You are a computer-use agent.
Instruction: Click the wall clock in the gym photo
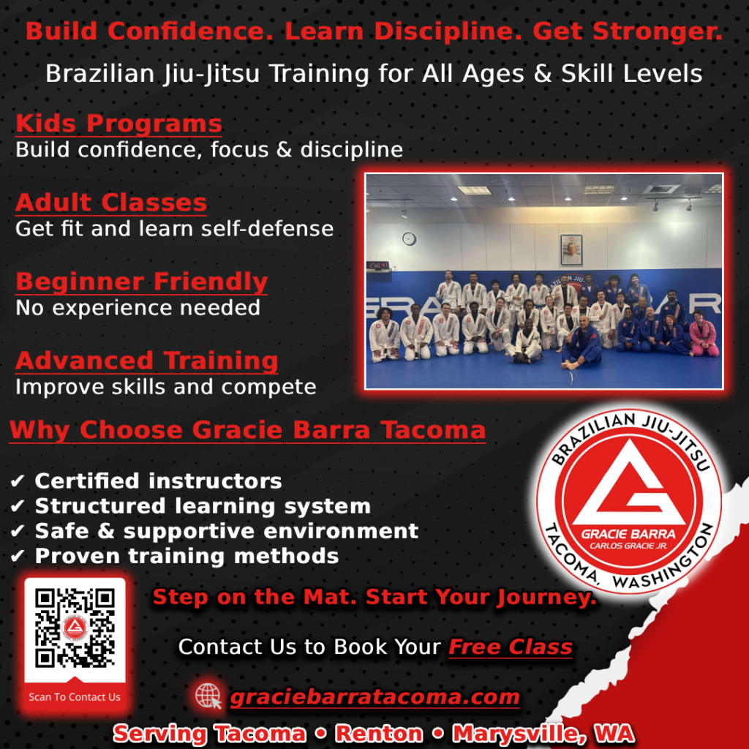tap(409, 238)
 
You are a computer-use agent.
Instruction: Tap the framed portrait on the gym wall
tap(571, 249)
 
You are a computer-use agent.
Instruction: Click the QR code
tap(75, 627)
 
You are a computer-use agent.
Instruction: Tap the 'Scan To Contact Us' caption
tap(75, 697)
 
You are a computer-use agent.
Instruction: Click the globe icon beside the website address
tap(209, 696)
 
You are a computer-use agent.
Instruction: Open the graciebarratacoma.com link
tap(374, 697)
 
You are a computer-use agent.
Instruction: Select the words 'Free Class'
tap(510, 647)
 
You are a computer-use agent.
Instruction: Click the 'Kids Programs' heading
tap(118, 123)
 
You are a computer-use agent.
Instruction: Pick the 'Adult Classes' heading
tap(111, 202)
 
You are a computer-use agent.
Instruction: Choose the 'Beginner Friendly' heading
tap(141, 282)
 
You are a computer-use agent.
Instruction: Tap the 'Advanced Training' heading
tap(146, 361)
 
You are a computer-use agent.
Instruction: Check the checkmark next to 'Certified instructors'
tap(18, 481)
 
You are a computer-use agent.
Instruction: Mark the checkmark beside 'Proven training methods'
tap(18, 557)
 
